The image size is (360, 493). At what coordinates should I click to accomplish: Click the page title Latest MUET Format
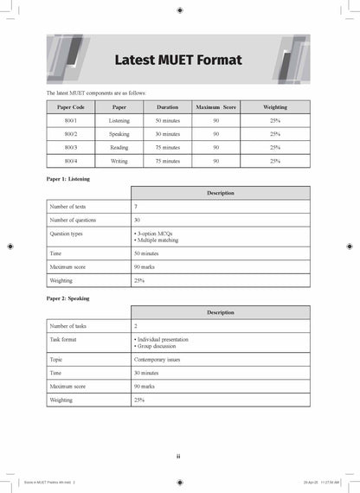pyautogui.click(x=178, y=61)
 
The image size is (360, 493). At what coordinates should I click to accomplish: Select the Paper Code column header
pyautogui.click(x=71, y=107)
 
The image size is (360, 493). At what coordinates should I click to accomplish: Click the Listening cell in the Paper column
pyautogui.click(x=119, y=121)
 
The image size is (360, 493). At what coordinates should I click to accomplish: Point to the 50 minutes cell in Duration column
pyautogui.click(x=167, y=121)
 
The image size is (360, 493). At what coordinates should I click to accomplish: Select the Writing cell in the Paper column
pyautogui.click(x=119, y=161)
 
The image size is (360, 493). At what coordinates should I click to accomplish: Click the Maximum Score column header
pyautogui.click(x=215, y=107)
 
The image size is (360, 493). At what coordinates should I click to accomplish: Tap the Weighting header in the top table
pyautogui.click(x=274, y=107)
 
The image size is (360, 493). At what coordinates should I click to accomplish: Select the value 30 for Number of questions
pyautogui.click(x=137, y=221)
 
